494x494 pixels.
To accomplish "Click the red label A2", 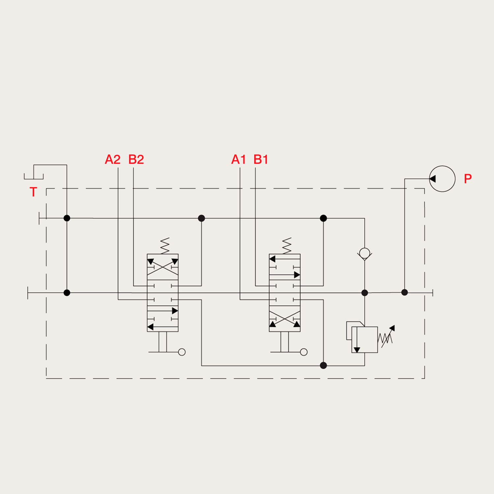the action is pos(113,160).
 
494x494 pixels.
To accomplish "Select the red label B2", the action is pos(136,160).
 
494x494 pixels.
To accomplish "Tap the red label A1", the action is pos(239,160).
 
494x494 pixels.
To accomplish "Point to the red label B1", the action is pos(261,160).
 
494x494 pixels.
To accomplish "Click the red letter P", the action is pos(468,179).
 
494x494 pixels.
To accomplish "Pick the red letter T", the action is pos(33,192).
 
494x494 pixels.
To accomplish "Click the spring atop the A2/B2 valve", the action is pos(165,246).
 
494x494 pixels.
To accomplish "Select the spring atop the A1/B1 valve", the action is pos(287,246).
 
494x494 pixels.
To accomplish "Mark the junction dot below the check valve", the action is pos(365,293).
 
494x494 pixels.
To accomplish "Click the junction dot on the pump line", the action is pos(405,292).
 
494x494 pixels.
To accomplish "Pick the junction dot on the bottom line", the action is pos(323,365).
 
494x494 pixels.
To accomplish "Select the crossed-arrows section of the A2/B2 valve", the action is pos(163,267).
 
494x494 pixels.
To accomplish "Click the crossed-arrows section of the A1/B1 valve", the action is pos(285,319).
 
